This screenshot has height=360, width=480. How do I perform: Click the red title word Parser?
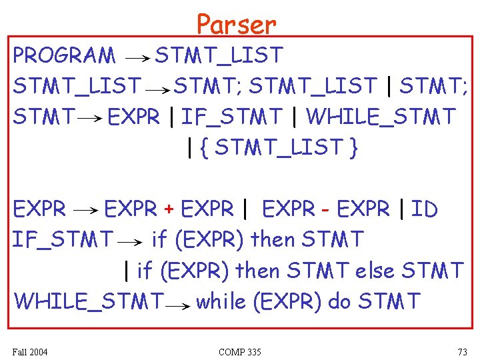coord(236,25)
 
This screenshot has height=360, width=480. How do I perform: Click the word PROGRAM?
coord(64,56)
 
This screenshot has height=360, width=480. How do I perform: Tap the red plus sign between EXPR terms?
coord(169,210)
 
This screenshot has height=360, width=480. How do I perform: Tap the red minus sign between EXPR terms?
coord(325,210)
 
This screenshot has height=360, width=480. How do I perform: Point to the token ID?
coord(424,209)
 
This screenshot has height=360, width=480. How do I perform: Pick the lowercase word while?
coord(221,301)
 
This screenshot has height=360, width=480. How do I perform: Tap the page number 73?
coord(462,351)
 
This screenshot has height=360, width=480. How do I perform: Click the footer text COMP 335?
coord(239,351)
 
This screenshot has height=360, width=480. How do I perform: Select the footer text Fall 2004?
coord(30,351)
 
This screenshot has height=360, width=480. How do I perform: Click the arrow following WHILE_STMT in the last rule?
coord(178,305)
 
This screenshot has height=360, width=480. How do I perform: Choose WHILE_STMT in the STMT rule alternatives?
coord(381,117)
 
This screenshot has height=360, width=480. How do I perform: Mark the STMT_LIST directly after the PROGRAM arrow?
coord(219,55)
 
